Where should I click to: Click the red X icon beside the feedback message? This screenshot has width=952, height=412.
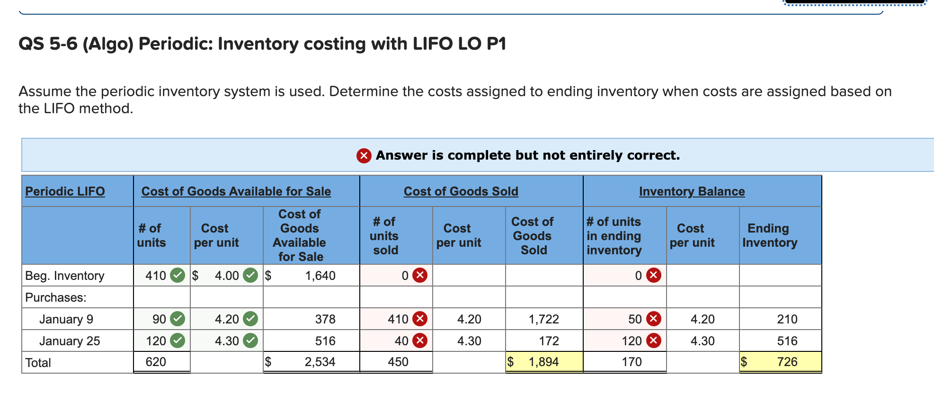364,155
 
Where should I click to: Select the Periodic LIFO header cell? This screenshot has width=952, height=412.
65,191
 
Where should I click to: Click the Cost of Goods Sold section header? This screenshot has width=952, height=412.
461,191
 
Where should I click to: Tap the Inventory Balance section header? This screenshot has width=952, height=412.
692,191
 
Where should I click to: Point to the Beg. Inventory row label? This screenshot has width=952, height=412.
64,276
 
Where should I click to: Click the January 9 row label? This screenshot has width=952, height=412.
66,319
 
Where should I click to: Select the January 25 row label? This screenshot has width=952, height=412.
70,341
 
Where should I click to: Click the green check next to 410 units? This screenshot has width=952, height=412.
178,275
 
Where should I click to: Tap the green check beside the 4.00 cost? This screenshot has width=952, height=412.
250,275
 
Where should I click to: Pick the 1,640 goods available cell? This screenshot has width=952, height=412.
320,276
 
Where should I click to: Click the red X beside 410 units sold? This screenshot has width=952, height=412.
420,319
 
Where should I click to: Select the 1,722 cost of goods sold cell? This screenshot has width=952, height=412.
543,319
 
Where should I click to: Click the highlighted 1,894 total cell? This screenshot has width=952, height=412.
543,362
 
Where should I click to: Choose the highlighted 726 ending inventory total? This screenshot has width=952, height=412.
787,362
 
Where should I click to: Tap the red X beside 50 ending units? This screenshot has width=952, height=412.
654,319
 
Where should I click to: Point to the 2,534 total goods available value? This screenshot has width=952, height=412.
320,362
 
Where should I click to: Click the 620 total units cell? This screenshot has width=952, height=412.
156,362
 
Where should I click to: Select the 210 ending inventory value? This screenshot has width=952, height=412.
787,319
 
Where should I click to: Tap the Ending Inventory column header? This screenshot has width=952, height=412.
769,235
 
